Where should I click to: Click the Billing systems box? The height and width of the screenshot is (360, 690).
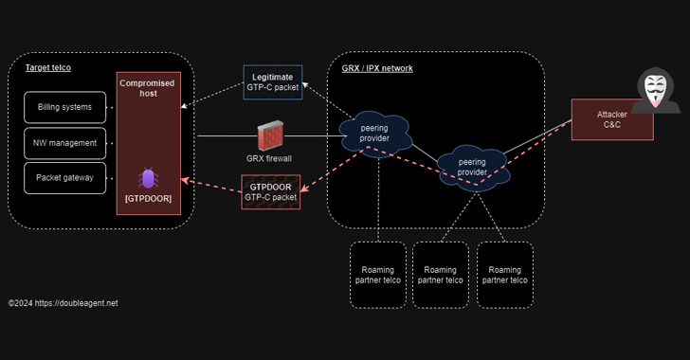tap(64, 108)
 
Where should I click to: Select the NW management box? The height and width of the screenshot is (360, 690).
tap(64, 143)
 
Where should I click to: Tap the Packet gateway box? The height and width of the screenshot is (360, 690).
tap(64, 178)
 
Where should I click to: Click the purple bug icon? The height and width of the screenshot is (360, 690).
tap(148, 178)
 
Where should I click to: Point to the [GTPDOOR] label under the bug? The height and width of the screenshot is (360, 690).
tap(148, 200)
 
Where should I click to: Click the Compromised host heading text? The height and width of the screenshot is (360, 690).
tap(148, 89)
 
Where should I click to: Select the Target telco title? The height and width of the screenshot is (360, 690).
tap(47, 68)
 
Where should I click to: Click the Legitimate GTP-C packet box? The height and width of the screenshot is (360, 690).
tap(273, 81)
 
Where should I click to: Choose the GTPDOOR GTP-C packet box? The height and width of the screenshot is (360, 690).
tap(271, 192)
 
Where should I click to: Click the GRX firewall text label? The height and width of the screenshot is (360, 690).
tap(269, 158)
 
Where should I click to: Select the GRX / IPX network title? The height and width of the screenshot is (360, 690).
tap(377, 68)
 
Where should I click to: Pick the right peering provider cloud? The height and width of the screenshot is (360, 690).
tap(472, 167)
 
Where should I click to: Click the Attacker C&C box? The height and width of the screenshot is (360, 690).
tap(611, 120)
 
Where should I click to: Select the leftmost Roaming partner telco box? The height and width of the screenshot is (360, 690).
tap(378, 275)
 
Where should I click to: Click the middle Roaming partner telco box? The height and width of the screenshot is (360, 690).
tap(440, 275)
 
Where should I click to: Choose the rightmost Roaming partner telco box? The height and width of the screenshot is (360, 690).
tap(504, 275)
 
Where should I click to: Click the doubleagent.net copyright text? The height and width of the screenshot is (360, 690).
tap(64, 303)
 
